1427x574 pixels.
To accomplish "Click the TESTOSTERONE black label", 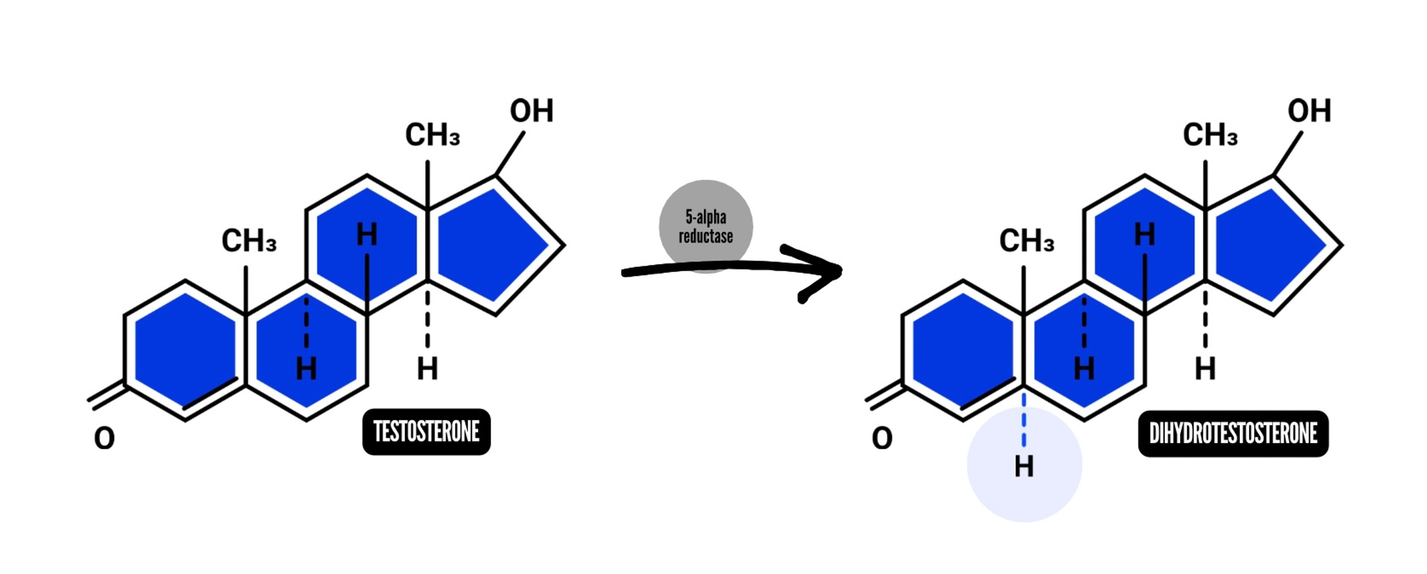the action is click(426, 432).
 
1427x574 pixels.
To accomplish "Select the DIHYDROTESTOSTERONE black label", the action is click(1233, 433).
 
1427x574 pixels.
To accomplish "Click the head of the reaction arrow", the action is click(825, 272).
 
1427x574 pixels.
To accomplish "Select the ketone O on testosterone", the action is click(104, 438).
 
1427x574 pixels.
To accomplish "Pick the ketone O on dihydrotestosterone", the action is click(882, 438).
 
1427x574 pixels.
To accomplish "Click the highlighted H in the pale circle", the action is click(1024, 467).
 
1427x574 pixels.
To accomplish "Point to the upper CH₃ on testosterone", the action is click(432, 135).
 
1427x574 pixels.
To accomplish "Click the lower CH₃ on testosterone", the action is click(249, 241).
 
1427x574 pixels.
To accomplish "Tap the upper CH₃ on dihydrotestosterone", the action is click(1210, 135).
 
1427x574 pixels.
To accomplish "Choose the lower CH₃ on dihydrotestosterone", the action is click(1026, 241).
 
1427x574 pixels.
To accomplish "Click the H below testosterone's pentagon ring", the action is click(427, 369).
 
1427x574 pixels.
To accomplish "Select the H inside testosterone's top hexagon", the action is click(367, 234).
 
